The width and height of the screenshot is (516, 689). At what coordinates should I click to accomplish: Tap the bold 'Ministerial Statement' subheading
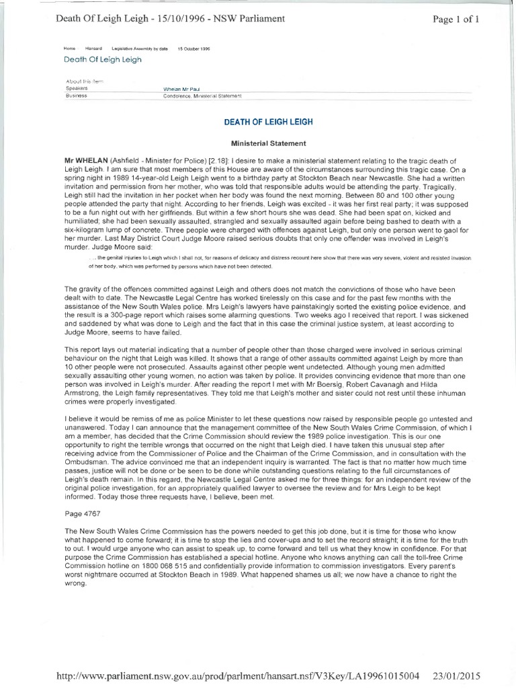coord(264,143)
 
